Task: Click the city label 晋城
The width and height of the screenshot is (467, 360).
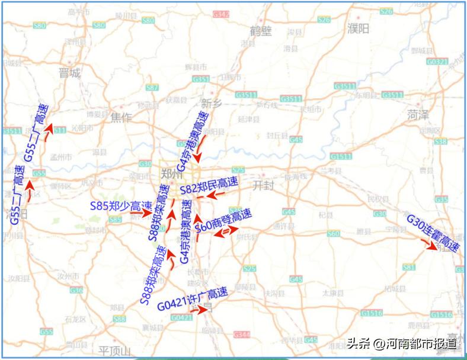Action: pos(69,73)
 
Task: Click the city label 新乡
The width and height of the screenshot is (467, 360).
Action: pos(211,104)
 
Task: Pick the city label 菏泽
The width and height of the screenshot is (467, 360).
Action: pos(418,115)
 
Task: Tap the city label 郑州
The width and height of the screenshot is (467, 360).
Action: pos(173,173)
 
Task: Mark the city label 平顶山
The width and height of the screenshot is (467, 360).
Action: pos(114,351)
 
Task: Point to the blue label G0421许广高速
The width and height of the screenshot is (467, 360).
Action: pos(193,298)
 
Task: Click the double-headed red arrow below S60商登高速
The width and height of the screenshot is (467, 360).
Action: pos(223,233)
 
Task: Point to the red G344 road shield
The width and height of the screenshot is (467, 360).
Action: pos(241,335)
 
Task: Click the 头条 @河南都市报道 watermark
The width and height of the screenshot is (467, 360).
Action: pos(402,343)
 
